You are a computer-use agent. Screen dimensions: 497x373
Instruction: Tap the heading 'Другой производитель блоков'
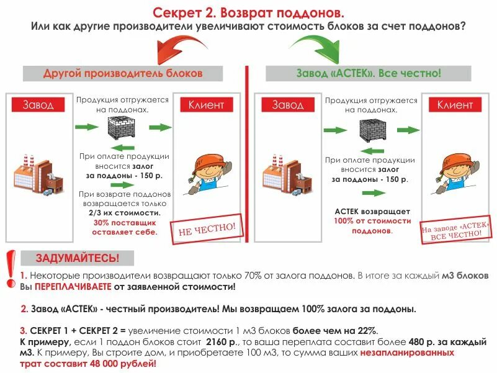(x=123, y=73)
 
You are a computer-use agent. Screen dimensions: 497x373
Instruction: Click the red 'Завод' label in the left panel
(x=38, y=105)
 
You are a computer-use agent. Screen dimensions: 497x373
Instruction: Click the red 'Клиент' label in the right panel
(x=455, y=105)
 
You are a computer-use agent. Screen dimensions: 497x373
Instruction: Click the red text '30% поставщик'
(x=125, y=222)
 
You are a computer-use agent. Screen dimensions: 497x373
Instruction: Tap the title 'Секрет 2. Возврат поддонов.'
(x=248, y=12)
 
